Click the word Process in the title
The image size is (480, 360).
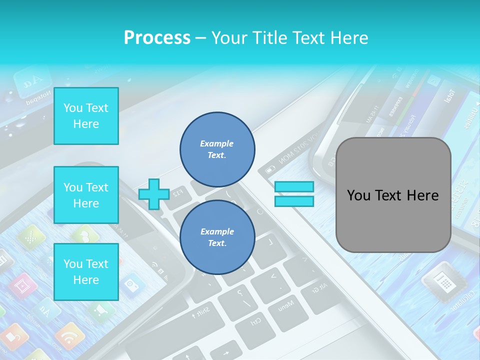pos(157,37)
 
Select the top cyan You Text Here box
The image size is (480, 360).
pos(86,116)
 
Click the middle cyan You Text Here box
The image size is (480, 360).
pos(86,195)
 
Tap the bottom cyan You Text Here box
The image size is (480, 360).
pos(86,271)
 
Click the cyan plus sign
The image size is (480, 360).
pos(154,194)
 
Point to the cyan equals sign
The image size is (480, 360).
pos(294,194)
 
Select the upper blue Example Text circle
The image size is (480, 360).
pos(217,149)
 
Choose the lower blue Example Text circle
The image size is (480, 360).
pos(217,237)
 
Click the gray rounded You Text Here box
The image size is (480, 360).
pos(393,195)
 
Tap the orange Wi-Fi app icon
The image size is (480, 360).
pos(69,336)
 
